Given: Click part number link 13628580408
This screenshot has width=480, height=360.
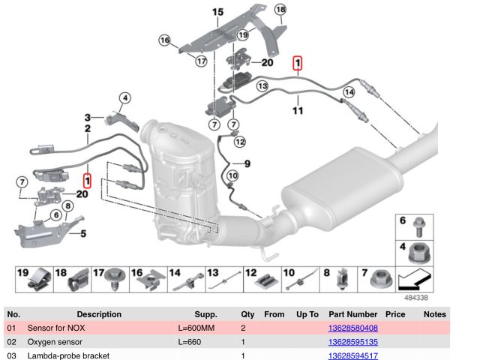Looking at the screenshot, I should [352, 328].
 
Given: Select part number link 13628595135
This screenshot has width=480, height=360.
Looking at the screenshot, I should [352, 341].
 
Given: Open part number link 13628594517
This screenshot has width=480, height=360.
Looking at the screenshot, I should [352, 355].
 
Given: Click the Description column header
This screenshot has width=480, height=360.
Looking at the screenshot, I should [98, 314].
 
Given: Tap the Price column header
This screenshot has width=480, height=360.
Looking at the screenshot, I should [394, 314].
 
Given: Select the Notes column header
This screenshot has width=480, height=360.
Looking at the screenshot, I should [434, 314].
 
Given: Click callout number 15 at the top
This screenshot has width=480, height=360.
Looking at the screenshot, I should [217, 12].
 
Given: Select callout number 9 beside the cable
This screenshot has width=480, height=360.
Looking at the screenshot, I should [246, 163].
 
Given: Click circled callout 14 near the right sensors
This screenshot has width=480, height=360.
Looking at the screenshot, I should [348, 92].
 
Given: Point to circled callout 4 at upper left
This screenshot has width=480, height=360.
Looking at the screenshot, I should [124, 97].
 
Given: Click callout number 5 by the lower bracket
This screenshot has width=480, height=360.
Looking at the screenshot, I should [82, 233].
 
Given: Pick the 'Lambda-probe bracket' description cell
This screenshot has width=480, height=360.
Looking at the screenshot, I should [68, 355].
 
